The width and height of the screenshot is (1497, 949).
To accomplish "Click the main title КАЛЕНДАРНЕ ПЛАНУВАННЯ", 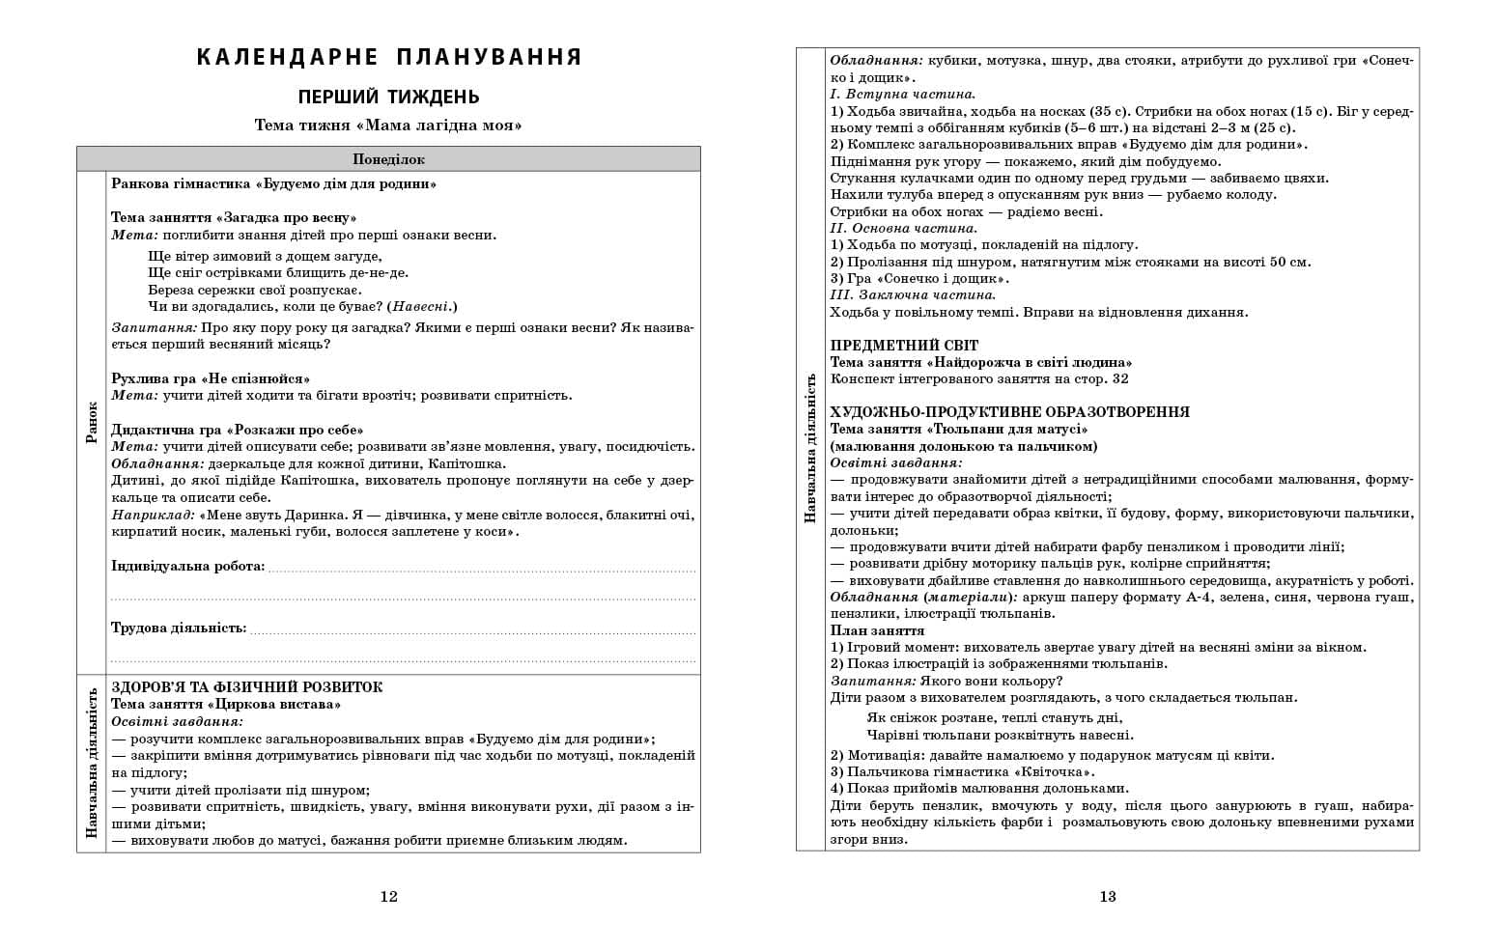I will point(388,57).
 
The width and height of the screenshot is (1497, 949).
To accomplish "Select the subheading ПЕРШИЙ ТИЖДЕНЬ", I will point(388,98).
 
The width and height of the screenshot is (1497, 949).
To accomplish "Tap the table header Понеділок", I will point(388,159).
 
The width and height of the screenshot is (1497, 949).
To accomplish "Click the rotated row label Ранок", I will point(92,422).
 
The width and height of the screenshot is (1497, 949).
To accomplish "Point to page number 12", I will point(388,896).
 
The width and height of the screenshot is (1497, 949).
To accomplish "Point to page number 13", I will point(1107,896).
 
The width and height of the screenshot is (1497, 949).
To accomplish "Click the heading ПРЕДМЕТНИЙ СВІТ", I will point(904,346).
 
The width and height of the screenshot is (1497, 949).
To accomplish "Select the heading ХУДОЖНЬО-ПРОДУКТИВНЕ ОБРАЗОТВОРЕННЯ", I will point(1009,412).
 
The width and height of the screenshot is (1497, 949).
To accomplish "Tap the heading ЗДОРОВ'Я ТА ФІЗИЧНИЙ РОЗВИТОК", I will point(247,687).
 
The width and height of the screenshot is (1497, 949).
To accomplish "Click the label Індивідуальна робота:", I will point(188,566).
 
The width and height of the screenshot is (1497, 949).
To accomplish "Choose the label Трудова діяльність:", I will point(179,628).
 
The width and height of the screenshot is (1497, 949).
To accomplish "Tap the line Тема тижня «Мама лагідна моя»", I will point(388,126).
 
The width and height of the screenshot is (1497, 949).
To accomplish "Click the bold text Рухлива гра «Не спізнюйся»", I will point(211,378).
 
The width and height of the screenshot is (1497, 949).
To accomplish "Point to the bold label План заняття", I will point(877,630).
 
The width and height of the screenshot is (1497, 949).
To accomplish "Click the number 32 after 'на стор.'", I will point(1119,378).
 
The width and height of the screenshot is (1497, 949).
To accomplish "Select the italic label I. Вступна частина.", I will point(903,94).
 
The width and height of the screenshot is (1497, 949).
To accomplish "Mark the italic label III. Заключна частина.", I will point(913,294).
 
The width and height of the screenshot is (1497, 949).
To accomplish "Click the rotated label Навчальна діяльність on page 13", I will point(810,449).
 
